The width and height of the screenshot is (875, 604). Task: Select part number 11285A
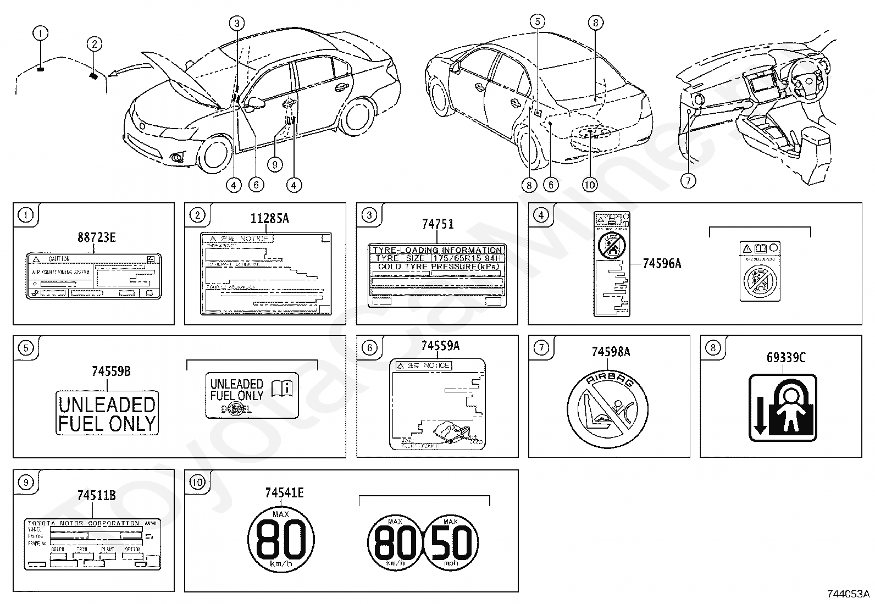(x=269, y=219)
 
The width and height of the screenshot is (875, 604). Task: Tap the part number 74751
(x=437, y=224)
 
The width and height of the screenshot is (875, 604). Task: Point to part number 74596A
(x=662, y=264)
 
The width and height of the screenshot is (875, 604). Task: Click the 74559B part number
(x=111, y=372)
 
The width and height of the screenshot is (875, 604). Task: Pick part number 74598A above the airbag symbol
(x=611, y=352)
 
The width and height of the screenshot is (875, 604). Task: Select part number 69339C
(x=786, y=358)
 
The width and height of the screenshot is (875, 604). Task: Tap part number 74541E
(x=284, y=493)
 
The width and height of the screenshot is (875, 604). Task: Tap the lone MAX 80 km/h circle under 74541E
(x=281, y=540)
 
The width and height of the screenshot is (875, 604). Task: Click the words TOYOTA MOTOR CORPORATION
(x=84, y=523)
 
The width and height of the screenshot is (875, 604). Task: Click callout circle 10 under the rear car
(x=589, y=185)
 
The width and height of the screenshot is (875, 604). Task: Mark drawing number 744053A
(x=848, y=594)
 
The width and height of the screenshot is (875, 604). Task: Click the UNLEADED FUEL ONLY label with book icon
(x=252, y=395)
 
